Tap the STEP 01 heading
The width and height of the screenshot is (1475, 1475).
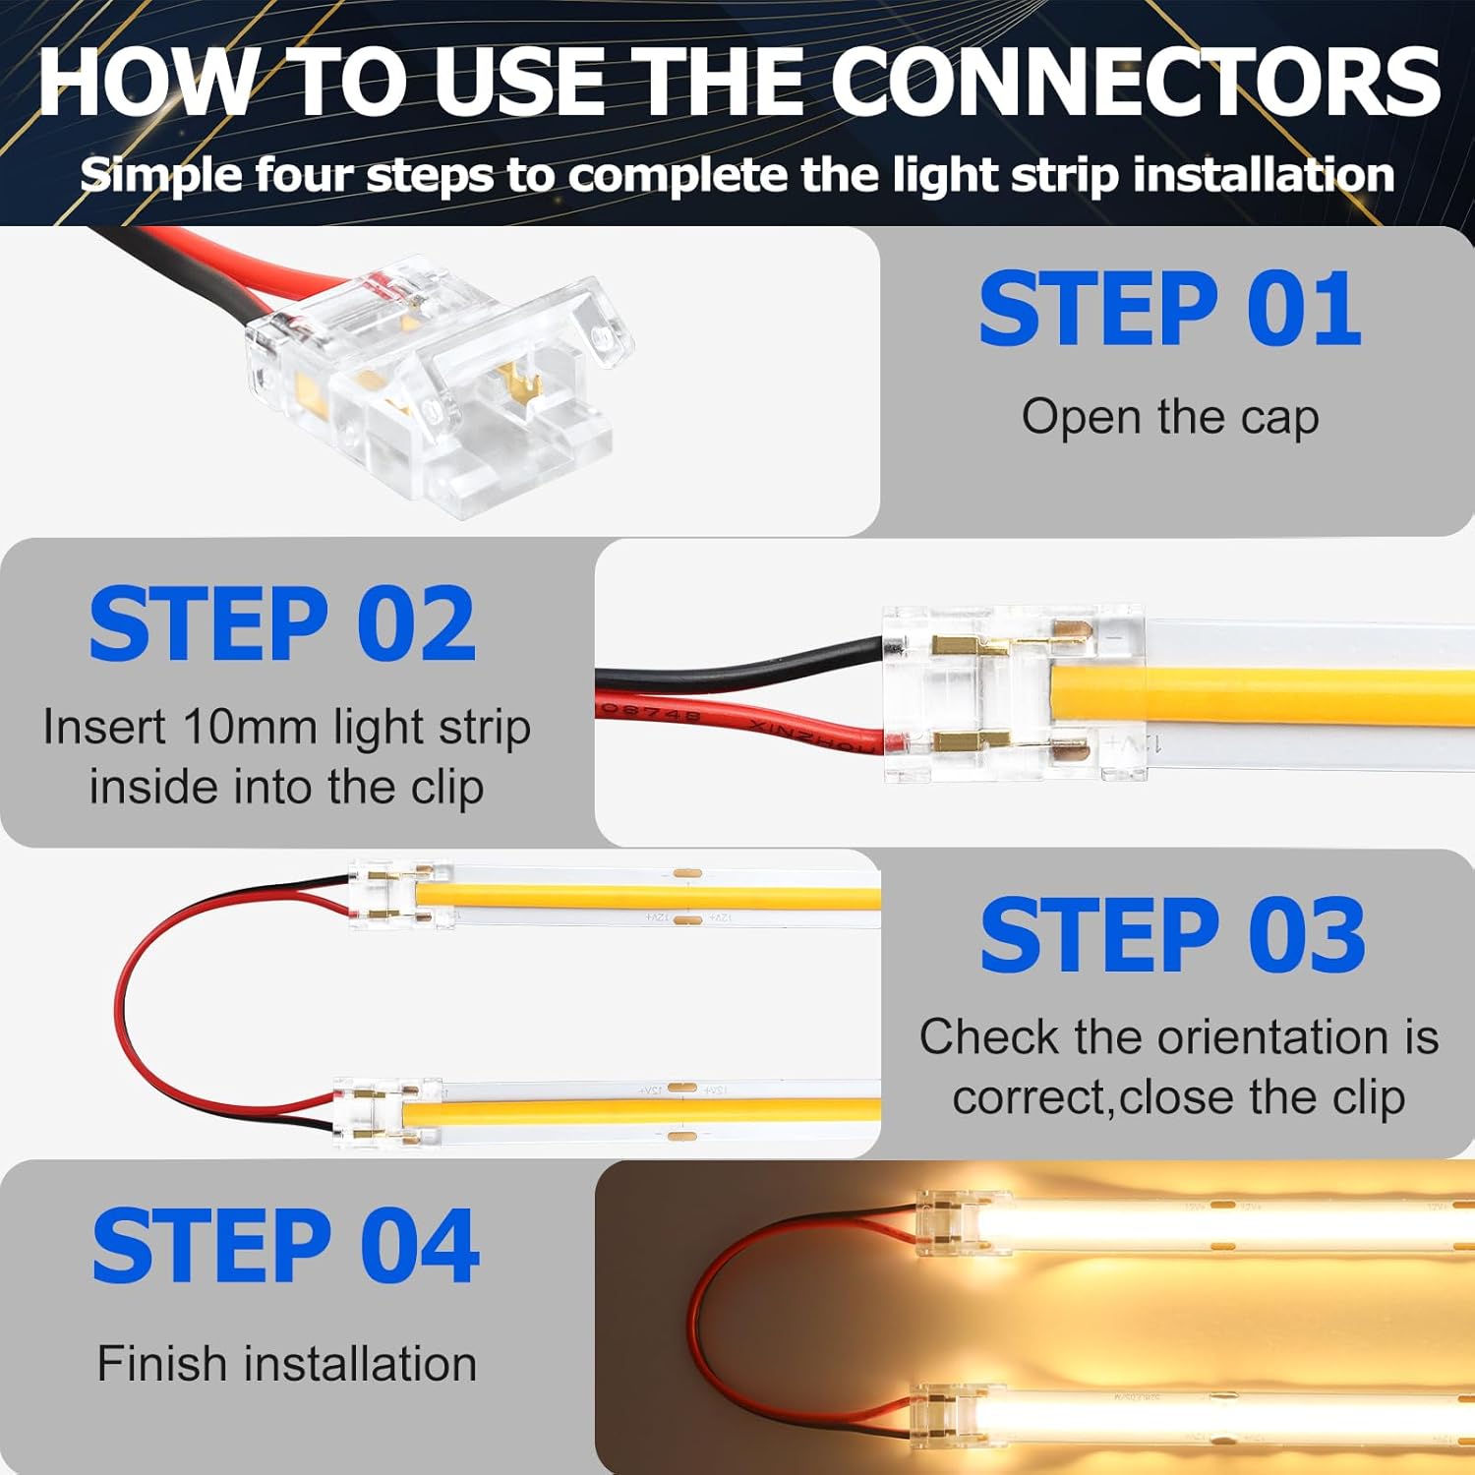[1170, 310]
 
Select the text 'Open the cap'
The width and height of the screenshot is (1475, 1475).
[1170, 417]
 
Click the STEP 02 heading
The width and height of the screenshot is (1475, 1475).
[282, 624]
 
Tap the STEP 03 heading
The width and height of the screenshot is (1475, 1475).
[1172, 935]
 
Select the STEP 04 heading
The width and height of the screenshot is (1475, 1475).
[285, 1247]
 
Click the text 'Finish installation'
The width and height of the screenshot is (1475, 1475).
[286, 1364]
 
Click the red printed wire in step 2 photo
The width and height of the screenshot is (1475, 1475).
[737, 720]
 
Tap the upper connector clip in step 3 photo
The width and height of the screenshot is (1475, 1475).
[398, 893]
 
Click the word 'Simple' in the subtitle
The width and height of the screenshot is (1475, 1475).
[159, 175]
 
